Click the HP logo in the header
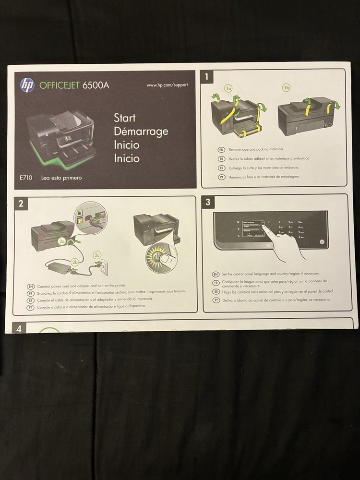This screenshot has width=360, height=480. pos(27,85)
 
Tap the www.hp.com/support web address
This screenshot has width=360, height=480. pos(167,85)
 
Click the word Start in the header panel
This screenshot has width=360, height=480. pos(124,118)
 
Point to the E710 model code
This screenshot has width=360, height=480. pos(26,178)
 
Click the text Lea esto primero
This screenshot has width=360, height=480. pos(61,178)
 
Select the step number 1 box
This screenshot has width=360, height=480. pos(207,76)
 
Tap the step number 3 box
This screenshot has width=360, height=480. pos(208,202)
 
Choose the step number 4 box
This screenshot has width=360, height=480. pos(19,329)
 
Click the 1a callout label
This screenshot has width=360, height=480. pos(229,88)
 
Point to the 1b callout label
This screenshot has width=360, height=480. pos(287,88)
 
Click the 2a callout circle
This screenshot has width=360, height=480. pos(62,242)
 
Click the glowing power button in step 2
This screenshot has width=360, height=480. pos(157,255)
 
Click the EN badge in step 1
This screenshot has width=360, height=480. pos(222,150)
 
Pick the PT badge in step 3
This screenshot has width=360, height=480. pos(216,300)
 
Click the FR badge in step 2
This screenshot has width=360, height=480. pos(30,291)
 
